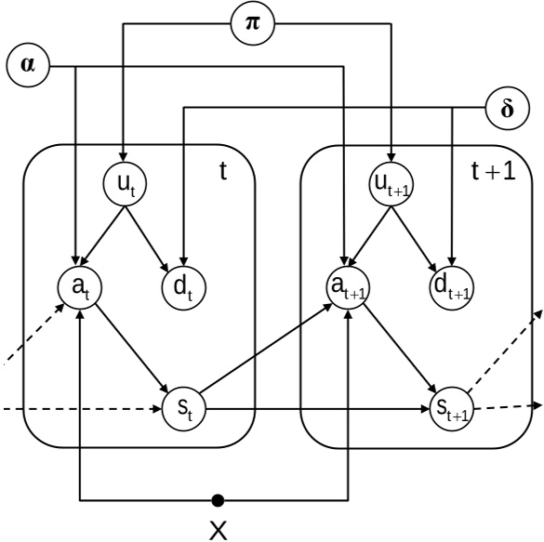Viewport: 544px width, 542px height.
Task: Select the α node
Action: click(27, 67)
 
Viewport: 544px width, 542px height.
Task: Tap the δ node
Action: click(507, 108)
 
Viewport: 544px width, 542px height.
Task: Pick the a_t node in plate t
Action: click(79, 287)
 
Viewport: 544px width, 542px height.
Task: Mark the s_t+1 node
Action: click(451, 407)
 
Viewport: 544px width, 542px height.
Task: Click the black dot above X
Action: click(218, 501)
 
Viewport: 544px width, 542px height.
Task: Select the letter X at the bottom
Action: click(218, 530)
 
